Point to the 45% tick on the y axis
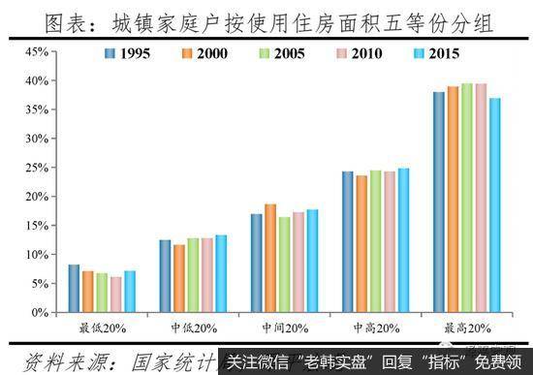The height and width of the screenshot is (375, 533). click(34, 51)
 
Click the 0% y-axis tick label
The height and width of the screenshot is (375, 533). click(37, 313)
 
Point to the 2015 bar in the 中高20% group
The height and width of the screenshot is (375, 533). click(403, 240)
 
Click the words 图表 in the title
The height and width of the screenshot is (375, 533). click(69, 19)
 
